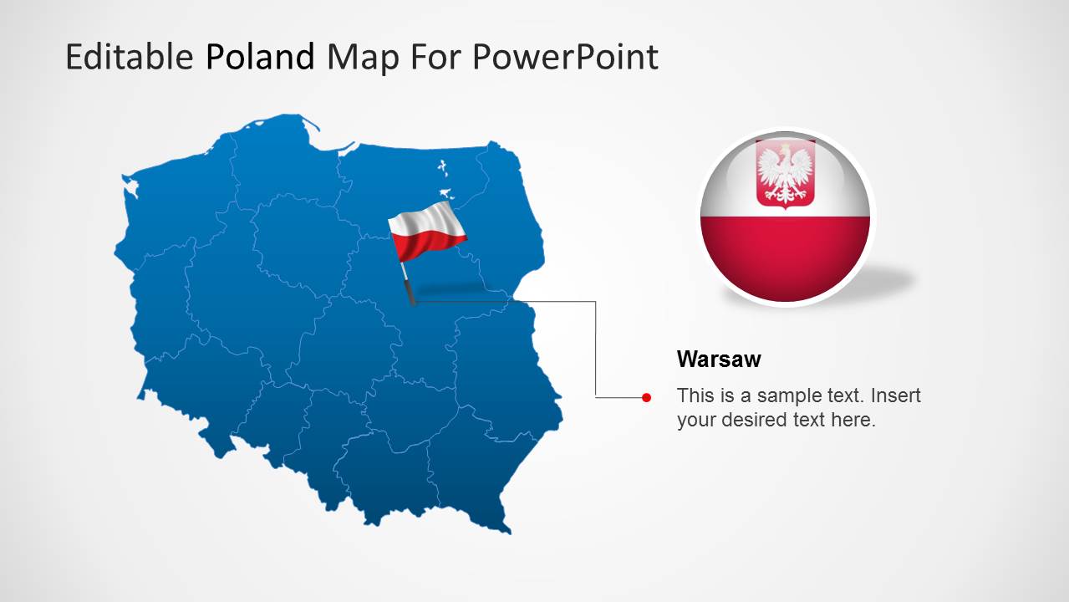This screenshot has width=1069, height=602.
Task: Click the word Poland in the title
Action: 260,57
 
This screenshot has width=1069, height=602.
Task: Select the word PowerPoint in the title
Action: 564,57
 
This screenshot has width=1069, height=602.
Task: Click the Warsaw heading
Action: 719,360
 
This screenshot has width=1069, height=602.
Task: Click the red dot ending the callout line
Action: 646,398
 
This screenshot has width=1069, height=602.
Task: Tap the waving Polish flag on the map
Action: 426,230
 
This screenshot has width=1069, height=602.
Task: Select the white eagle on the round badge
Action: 785,173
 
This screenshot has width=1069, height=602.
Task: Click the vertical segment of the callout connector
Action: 596,351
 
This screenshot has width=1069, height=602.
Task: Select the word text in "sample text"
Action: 838,395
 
